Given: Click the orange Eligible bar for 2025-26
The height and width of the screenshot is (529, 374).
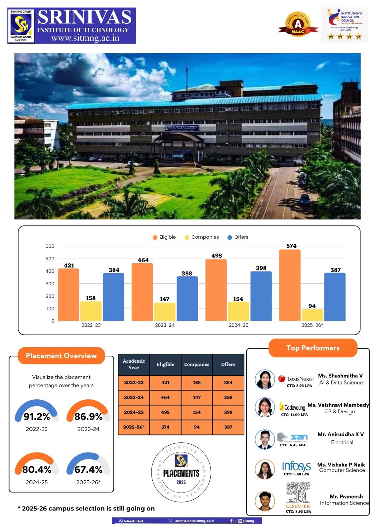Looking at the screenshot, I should click(290, 285).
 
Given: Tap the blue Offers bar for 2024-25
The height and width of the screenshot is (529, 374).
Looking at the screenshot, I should click(261, 296).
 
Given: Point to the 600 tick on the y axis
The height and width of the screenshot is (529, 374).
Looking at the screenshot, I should click(50, 246).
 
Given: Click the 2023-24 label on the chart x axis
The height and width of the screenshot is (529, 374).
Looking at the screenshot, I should click(165, 325).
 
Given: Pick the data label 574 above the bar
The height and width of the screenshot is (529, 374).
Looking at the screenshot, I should click(291, 246).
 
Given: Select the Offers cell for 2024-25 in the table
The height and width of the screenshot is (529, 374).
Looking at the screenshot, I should click(228, 412).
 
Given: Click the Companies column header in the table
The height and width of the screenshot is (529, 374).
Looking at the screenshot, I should click(197, 364).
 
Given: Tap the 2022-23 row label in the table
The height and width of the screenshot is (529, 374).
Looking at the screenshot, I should click(134, 383).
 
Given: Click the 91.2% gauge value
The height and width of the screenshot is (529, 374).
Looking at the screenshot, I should click(37, 417).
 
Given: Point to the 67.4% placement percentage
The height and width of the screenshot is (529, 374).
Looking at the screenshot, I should click(88, 469).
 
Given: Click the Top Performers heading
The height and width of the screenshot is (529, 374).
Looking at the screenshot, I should click(313, 348).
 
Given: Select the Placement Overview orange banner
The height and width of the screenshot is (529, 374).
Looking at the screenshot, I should click(61, 356).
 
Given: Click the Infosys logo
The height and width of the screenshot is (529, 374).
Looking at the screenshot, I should click(296, 466).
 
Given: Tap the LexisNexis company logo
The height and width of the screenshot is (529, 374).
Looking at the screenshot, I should click(296, 379).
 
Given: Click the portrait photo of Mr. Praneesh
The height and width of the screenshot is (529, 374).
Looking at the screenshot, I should click(265, 501).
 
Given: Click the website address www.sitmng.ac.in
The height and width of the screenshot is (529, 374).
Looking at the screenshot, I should click(85, 38).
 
